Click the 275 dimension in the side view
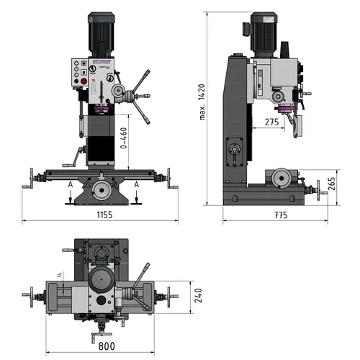(271, 122)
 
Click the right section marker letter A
(135, 185)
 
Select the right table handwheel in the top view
(170, 295)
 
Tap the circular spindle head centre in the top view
(101, 279)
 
